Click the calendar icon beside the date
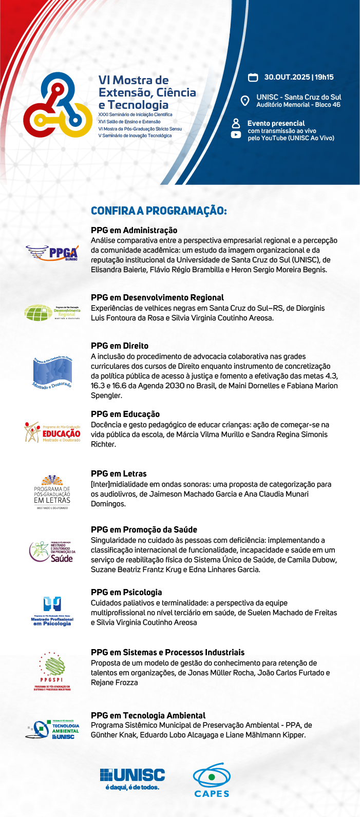click(x=253, y=78)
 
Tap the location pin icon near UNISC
click(x=245, y=101)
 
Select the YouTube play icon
click(x=236, y=135)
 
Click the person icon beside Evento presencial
click(x=236, y=123)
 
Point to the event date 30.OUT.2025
click(x=287, y=77)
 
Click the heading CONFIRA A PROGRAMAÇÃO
click(x=159, y=211)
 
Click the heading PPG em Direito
click(x=120, y=346)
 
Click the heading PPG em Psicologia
click(x=126, y=592)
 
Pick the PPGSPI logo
click(x=52, y=671)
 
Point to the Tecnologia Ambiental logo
click(x=52, y=730)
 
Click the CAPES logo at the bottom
click(x=212, y=780)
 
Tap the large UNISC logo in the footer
click(x=132, y=778)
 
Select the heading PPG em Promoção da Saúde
click(x=144, y=529)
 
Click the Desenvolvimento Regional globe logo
click(x=52, y=312)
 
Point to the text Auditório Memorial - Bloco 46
click(x=298, y=105)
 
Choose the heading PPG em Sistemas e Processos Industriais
click(x=167, y=652)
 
